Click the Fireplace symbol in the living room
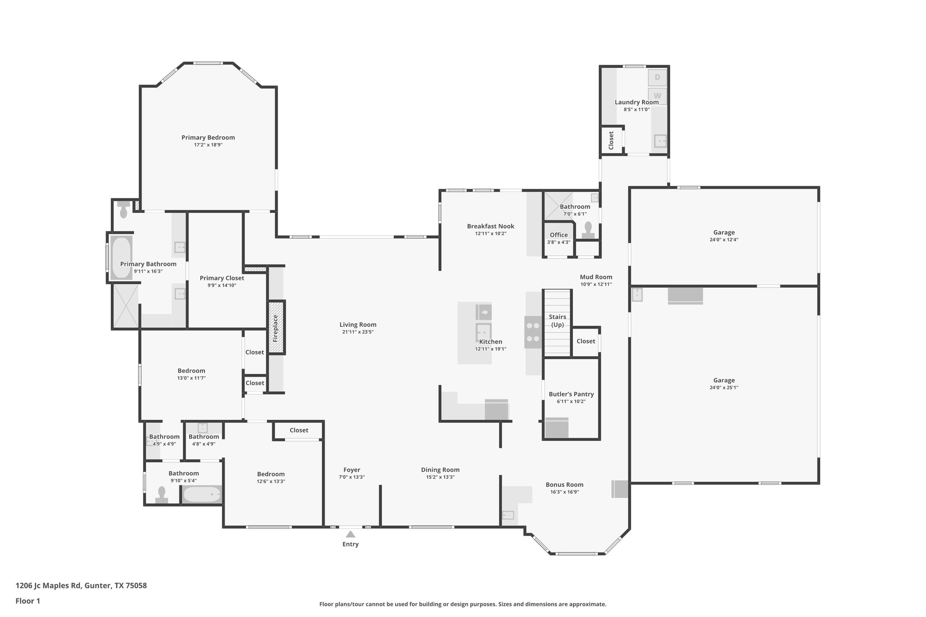[x=276, y=328]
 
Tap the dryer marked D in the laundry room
[x=657, y=77]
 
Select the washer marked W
[x=657, y=96]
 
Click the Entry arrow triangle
[x=350, y=534]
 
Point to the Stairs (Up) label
[x=557, y=320]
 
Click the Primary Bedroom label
[x=208, y=137]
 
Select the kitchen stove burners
[x=533, y=332]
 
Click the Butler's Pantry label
[x=571, y=394]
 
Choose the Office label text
[x=558, y=235]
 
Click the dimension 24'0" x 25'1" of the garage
[x=724, y=387]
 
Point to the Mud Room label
[x=596, y=277]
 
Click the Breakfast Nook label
[x=491, y=226]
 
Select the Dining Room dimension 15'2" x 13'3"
[x=440, y=477]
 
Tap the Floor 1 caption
[x=28, y=601]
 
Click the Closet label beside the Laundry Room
[x=611, y=141]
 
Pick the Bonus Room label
[x=564, y=485]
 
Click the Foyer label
[x=351, y=470]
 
